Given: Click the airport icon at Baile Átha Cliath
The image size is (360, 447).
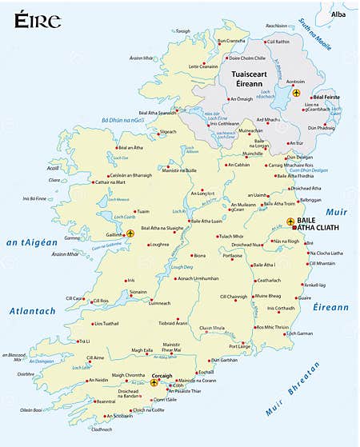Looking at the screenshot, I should point(290,223).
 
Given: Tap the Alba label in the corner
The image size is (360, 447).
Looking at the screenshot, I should point(339,14).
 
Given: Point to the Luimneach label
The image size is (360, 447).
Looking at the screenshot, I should point(160,304).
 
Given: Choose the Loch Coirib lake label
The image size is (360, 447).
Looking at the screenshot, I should point(114,218).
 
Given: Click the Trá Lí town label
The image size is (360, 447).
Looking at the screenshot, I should point(83,341).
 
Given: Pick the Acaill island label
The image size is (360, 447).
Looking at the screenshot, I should point(53,169).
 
